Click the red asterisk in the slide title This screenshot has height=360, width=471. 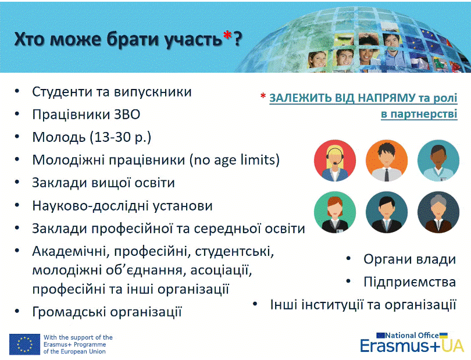[227, 35]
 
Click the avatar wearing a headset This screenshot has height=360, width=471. [335, 161]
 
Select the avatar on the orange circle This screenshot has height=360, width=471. [387, 161]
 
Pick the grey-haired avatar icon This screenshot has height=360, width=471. [438, 212]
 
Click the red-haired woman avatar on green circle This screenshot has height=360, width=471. [335, 212]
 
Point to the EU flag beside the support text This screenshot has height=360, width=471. [24, 344]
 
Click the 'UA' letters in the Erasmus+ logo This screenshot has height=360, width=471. [452, 345]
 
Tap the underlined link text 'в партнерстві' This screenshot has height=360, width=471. [419, 114]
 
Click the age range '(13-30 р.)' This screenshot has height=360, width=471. [120, 137]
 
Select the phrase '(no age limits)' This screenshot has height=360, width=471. [234, 160]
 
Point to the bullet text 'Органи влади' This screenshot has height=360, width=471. [410, 259]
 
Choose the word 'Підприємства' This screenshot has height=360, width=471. [410, 282]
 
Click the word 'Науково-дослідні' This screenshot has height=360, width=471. [91, 206]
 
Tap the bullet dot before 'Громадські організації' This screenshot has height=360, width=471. [17, 311]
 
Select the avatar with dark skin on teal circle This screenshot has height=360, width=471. [438, 161]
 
